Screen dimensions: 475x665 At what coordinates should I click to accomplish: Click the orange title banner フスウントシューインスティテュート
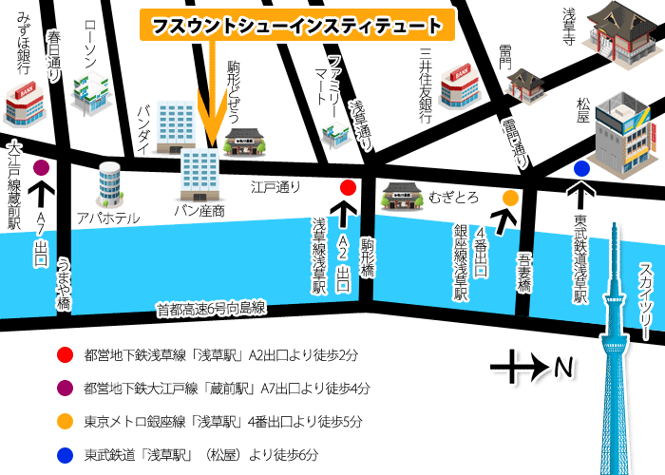pyautogui.click(x=294, y=26)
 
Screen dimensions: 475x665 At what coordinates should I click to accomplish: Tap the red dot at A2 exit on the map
pyautogui.click(x=348, y=187)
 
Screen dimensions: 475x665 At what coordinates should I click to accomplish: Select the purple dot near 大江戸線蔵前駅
pyautogui.click(x=41, y=168)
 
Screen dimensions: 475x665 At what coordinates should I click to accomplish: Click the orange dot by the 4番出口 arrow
pyautogui.click(x=510, y=198)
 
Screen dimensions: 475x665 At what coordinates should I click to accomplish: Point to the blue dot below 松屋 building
pyautogui.click(x=581, y=169)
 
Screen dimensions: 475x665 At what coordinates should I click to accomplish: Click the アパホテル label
pyautogui.click(x=108, y=218)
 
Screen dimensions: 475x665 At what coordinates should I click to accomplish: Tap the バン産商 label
pyautogui.click(x=199, y=210)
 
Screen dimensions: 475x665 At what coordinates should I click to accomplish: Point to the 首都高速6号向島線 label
pyautogui.click(x=211, y=308)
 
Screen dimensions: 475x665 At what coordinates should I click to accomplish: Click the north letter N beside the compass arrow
pyautogui.click(x=563, y=365)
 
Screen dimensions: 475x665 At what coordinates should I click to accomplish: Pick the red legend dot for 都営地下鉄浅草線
pyautogui.click(x=65, y=355)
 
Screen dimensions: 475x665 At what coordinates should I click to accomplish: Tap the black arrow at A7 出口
pyautogui.click(x=42, y=195)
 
